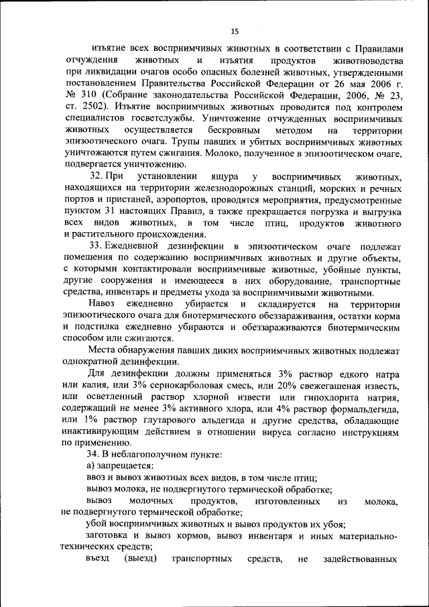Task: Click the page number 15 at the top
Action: (235, 31)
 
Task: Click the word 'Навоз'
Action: (103, 305)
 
